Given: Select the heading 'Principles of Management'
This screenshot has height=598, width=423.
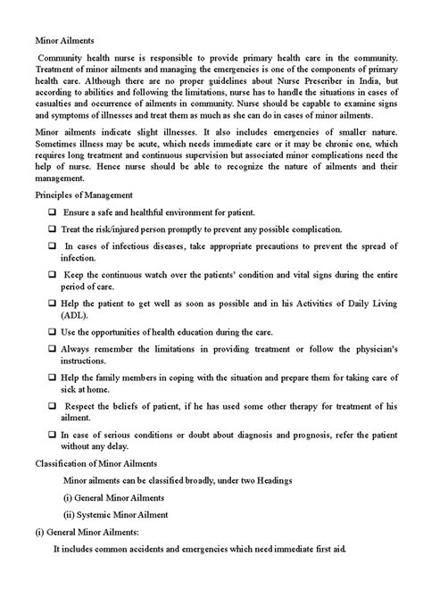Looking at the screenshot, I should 84,194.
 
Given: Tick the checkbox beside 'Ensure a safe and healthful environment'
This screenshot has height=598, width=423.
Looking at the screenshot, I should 54,212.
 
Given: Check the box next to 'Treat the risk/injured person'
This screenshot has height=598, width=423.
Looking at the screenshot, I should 54,228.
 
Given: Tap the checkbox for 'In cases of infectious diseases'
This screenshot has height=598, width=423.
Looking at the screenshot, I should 54,245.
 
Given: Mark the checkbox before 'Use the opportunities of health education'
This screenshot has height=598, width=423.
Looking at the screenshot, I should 54,331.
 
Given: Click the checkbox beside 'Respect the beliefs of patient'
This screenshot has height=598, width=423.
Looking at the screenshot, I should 54,406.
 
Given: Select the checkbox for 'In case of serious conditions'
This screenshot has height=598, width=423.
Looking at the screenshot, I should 54,434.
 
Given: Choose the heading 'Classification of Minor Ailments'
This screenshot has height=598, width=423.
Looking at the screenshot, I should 95,464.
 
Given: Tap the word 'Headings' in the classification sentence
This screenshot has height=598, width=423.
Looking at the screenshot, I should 270,480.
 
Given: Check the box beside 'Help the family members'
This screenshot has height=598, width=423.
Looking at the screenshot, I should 54,378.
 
